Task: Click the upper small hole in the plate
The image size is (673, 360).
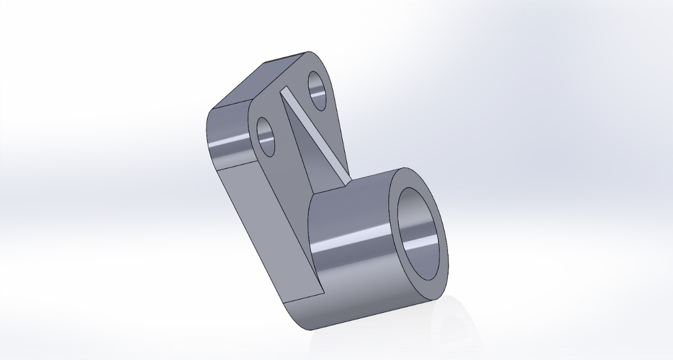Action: tap(318, 90)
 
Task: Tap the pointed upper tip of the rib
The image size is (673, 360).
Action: tap(284, 89)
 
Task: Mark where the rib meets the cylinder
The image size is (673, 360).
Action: tap(347, 182)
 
